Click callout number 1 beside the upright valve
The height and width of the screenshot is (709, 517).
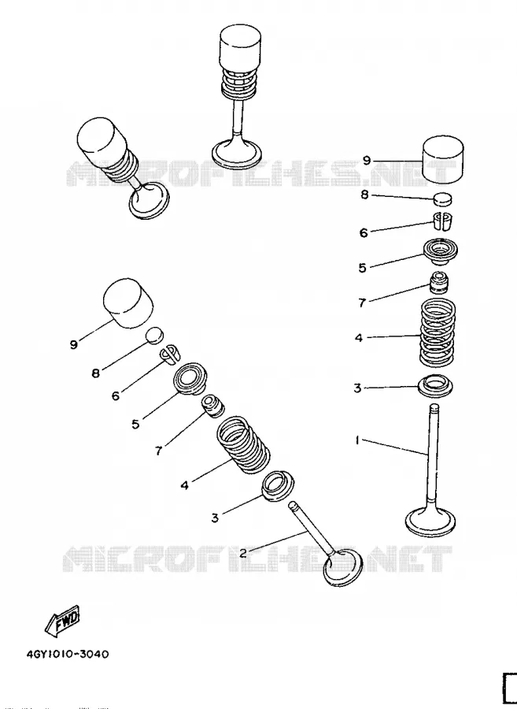coord(357,440)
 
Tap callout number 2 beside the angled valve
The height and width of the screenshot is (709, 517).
coord(243,552)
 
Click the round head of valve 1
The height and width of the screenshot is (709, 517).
coord(430,521)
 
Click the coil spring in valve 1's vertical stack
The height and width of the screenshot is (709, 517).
coord(437,332)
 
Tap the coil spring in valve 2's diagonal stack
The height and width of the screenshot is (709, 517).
coord(243,445)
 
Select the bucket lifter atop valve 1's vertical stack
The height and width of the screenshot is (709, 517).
coord(443,158)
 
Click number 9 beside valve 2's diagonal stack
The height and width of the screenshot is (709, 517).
coord(74,344)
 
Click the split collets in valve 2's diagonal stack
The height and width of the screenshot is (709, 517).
coord(170,354)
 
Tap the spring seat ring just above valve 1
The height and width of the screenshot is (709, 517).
coord(435,386)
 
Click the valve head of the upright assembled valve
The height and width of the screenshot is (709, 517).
coord(237,153)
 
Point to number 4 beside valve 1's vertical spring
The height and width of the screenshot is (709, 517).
coord(359,338)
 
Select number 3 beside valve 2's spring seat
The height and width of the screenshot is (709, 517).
coord(215,518)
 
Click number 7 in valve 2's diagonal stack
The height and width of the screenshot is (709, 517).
coord(158,451)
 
